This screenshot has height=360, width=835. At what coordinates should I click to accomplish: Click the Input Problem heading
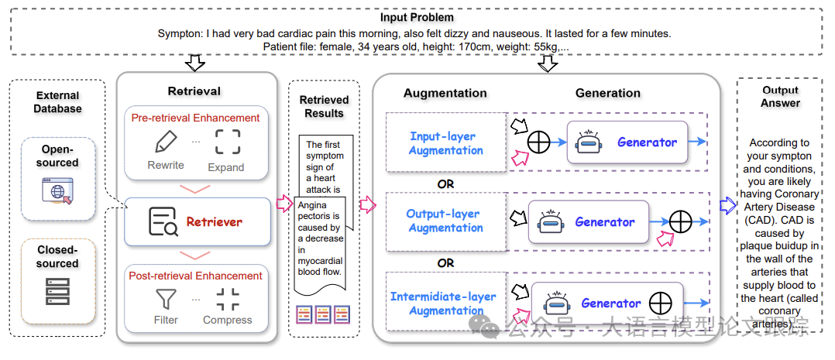[x=417, y=17]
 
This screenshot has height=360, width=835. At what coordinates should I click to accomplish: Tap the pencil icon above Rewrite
[x=166, y=142]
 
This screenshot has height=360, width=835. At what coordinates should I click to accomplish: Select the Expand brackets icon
[x=226, y=142]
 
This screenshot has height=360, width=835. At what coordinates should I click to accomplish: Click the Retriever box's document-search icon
[x=163, y=222]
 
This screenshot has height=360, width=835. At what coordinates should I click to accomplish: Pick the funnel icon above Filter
[x=166, y=299]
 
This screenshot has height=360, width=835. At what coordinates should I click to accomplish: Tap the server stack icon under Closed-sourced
[x=57, y=290]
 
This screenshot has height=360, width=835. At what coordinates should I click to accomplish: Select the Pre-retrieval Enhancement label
[x=195, y=118]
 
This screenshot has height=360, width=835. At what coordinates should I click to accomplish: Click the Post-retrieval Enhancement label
[x=196, y=276]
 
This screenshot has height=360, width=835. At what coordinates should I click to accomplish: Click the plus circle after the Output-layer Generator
[x=680, y=222]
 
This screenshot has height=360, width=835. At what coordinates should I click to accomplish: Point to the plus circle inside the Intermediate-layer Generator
[x=659, y=302]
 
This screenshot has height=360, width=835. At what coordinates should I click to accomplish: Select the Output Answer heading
[x=780, y=97]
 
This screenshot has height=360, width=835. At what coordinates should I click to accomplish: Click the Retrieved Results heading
[x=324, y=106]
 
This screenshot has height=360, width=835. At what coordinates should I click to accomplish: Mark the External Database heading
[x=57, y=102]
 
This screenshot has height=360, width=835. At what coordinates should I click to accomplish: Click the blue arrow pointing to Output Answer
[x=727, y=205]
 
